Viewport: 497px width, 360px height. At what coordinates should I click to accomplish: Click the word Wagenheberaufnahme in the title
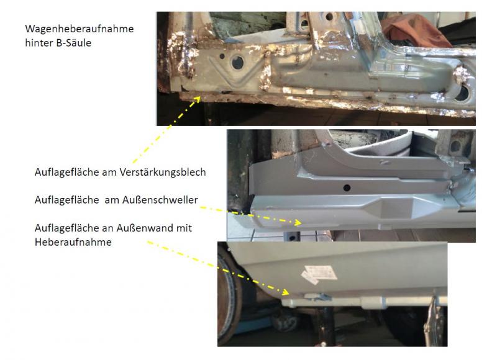point(80,29)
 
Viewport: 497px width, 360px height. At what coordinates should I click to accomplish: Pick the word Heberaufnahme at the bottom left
point(73,242)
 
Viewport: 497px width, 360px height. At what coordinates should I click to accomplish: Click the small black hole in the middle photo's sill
point(347,187)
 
